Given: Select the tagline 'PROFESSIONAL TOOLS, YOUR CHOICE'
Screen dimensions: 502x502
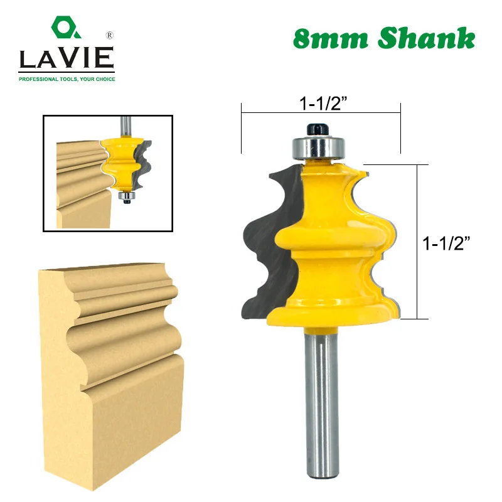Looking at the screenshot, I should coord(67,79).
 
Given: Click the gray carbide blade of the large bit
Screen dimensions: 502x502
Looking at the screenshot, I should coord(264,238).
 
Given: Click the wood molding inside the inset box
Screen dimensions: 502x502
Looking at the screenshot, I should coord(78,182).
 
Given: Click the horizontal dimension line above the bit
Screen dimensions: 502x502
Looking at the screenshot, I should coord(320,112).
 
